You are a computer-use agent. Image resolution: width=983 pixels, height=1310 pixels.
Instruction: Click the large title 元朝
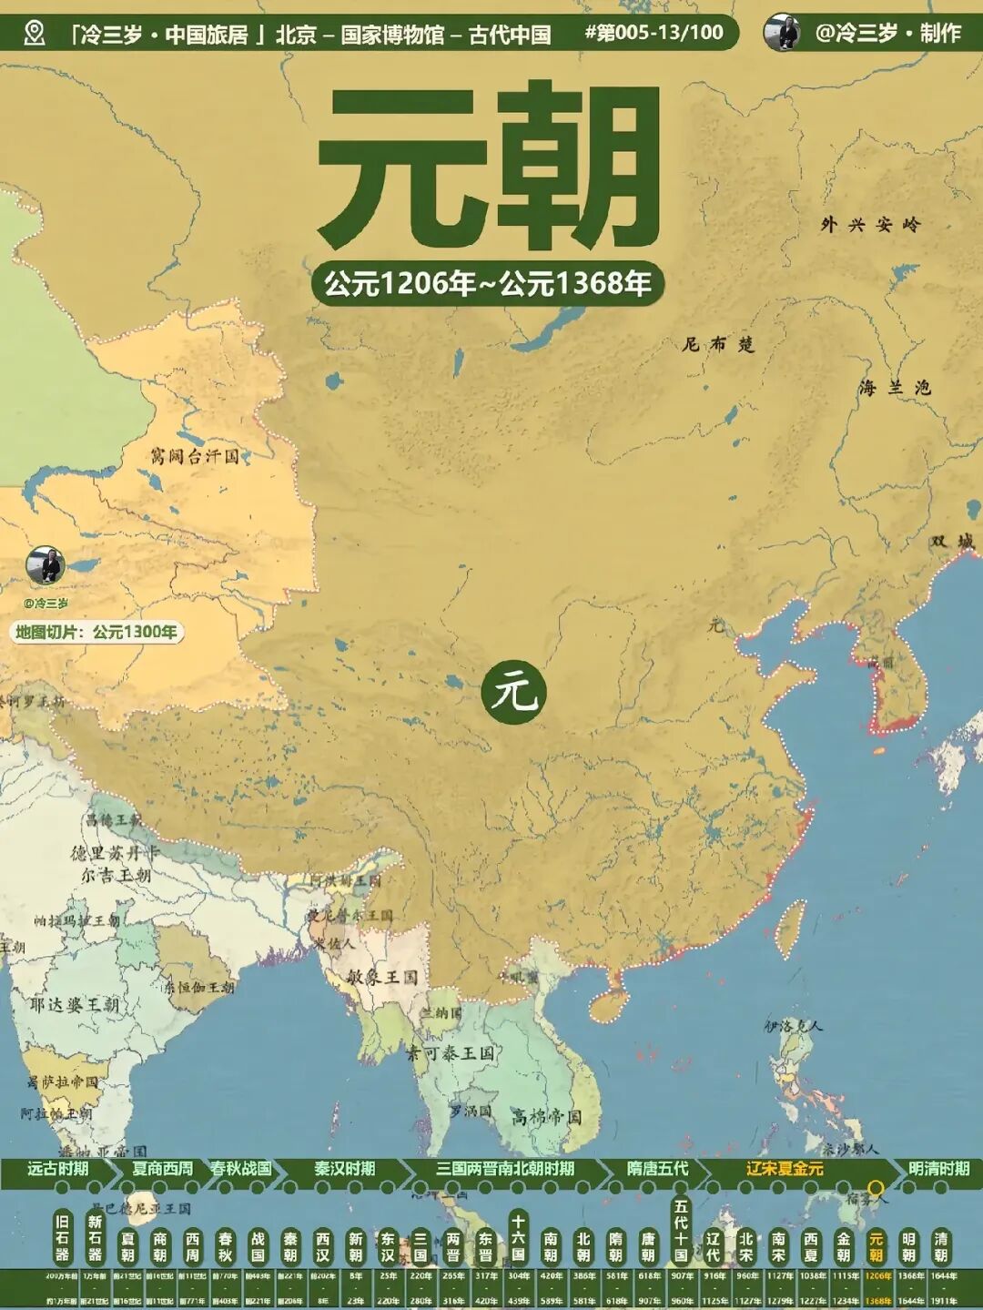coord(488,168)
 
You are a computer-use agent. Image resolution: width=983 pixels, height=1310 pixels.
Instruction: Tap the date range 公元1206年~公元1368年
coord(488,284)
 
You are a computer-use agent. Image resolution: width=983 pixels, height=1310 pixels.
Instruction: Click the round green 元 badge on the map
coord(514,693)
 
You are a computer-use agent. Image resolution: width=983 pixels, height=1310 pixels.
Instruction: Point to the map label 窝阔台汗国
coord(195,456)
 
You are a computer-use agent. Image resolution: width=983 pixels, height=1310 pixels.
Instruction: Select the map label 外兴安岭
coord(870,224)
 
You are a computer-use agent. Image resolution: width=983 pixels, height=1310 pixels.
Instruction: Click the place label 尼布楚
coord(718,344)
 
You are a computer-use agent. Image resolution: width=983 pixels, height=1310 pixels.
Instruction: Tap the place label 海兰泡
coord(895,388)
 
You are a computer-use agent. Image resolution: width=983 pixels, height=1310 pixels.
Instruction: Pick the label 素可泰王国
coord(450,1053)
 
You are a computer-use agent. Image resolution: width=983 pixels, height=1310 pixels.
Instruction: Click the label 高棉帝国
coord(545,1116)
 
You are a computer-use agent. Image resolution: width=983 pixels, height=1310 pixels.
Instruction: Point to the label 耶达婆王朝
coord(74,1004)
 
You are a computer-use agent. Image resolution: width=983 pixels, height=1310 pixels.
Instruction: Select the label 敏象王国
coord(381,977)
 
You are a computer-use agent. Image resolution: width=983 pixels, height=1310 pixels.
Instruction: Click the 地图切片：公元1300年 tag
coord(96,632)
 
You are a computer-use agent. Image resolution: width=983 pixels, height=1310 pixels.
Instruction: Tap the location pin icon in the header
coord(35,34)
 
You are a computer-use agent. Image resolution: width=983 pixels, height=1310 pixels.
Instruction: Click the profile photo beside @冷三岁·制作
coord(782,33)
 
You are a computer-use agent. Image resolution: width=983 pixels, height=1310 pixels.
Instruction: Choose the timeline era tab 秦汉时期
coord(344,1169)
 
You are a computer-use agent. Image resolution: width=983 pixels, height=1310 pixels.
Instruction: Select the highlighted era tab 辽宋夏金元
coord(785,1169)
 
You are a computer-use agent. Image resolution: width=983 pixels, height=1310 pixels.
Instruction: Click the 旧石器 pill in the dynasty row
coord(62,1238)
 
